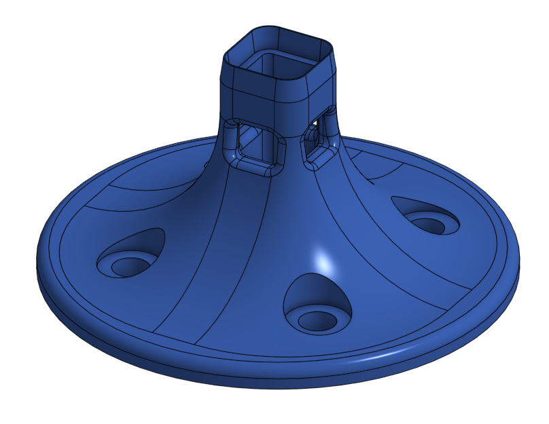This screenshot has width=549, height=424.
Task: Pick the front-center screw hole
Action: tap(315, 319)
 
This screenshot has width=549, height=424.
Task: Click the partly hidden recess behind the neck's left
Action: tap(206, 163)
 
